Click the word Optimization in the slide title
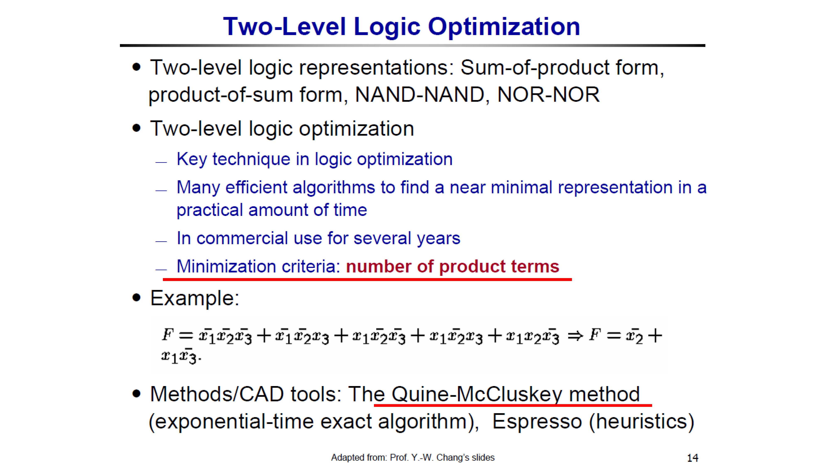coord(504,27)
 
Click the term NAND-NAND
coord(420,95)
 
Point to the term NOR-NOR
coord(548,95)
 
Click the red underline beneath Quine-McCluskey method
coord(513,405)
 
